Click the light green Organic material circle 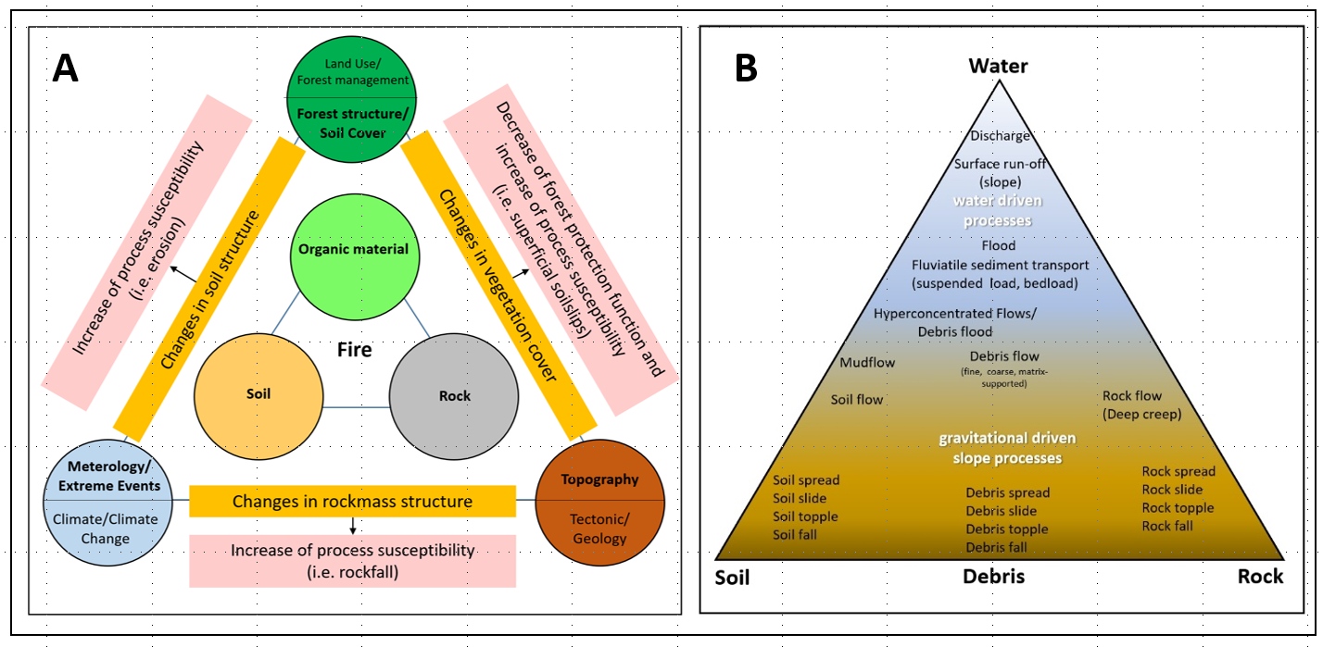(354, 250)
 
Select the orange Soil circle (259, 394)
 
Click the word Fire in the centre (354, 350)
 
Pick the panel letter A (65, 68)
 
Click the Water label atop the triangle (998, 66)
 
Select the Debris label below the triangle (993, 577)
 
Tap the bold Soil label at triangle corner (732, 579)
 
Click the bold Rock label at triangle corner (1260, 577)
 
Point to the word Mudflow (867, 363)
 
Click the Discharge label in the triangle (1000, 137)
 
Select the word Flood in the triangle (999, 246)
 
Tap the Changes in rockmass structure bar (352, 502)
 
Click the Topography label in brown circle (599, 479)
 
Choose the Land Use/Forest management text (352, 72)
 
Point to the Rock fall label (1167, 526)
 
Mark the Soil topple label (805, 516)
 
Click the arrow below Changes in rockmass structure (353, 526)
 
